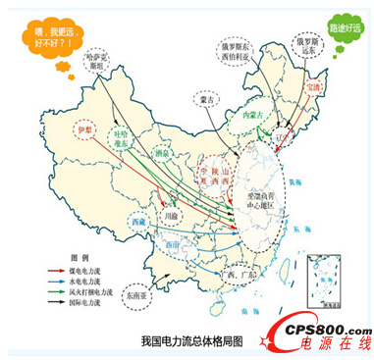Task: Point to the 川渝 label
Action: [172, 213]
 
